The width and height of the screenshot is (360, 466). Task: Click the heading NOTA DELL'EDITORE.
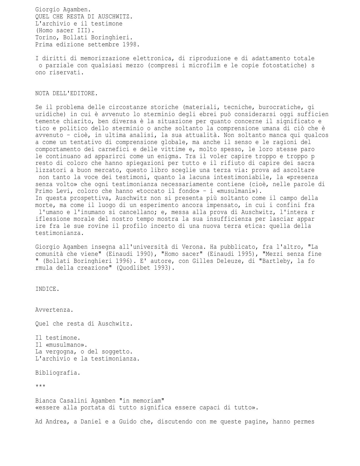coord(66,93)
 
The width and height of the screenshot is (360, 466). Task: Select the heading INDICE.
coord(47,289)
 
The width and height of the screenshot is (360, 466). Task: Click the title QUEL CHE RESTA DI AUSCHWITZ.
coord(84,17)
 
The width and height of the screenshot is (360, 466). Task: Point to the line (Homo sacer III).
coord(65,30)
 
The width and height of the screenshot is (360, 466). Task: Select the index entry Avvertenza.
coord(54,310)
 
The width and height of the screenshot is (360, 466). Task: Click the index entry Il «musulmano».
coord(61,345)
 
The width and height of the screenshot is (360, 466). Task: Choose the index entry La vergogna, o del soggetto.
coord(84,352)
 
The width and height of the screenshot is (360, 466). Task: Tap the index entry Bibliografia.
coord(58,373)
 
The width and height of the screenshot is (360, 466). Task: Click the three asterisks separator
coord(40,386)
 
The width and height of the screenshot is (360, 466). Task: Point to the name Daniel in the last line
coord(91,422)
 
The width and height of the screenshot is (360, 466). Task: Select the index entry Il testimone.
coord(58,338)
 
